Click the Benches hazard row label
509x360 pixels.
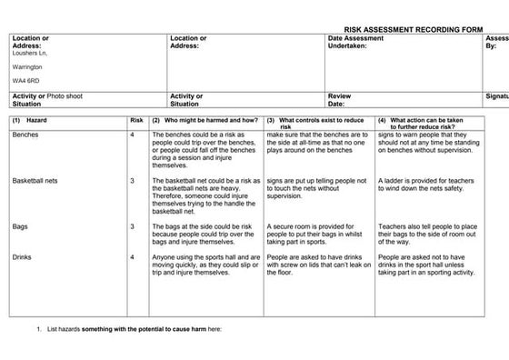(26, 134)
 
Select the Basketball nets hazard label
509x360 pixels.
(35, 181)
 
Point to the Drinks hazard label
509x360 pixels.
(24, 257)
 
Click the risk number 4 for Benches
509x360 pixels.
(133, 134)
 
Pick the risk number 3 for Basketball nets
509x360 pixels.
(133, 181)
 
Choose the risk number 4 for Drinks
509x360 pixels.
(133, 257)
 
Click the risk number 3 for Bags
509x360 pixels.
(133, 226)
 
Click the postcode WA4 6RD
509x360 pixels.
(25, 80)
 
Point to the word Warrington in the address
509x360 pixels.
(29, 66)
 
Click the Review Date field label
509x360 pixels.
(339, 99)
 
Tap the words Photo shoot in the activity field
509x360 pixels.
(65, 95)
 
